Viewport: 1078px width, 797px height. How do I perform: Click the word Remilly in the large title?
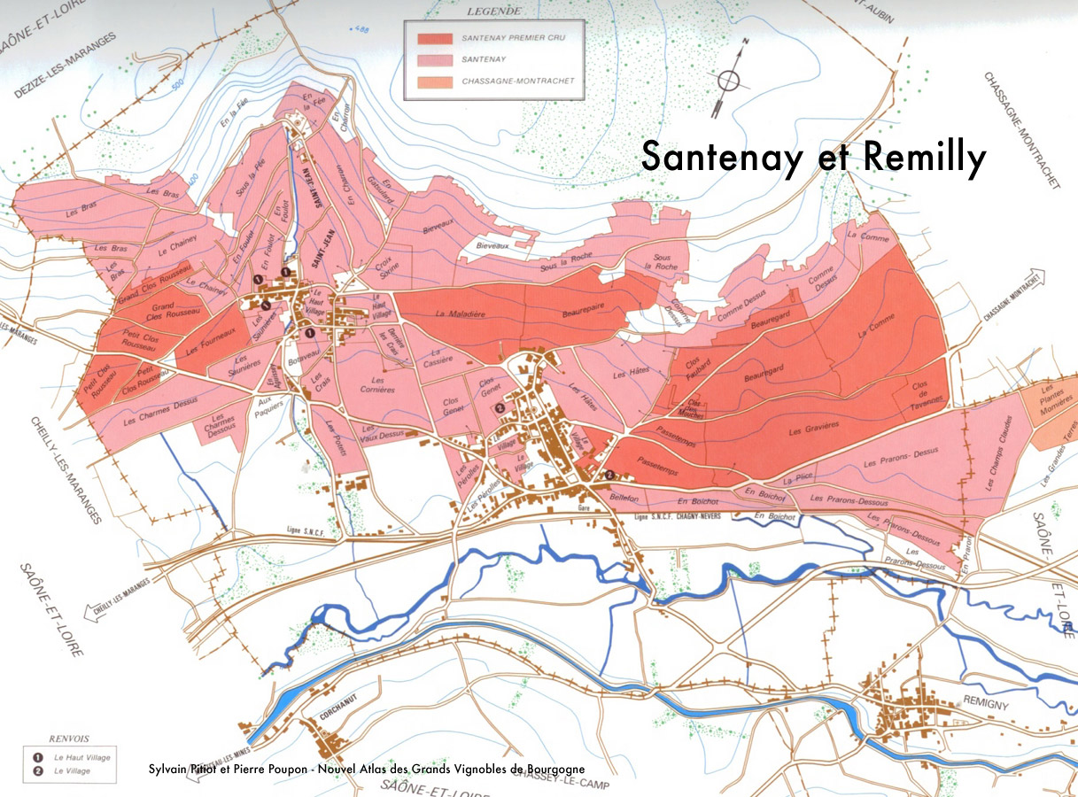(924, 158)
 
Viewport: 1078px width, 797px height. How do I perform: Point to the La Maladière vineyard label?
(457, 313)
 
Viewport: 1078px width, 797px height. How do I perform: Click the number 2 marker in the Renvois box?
(38, 771)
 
